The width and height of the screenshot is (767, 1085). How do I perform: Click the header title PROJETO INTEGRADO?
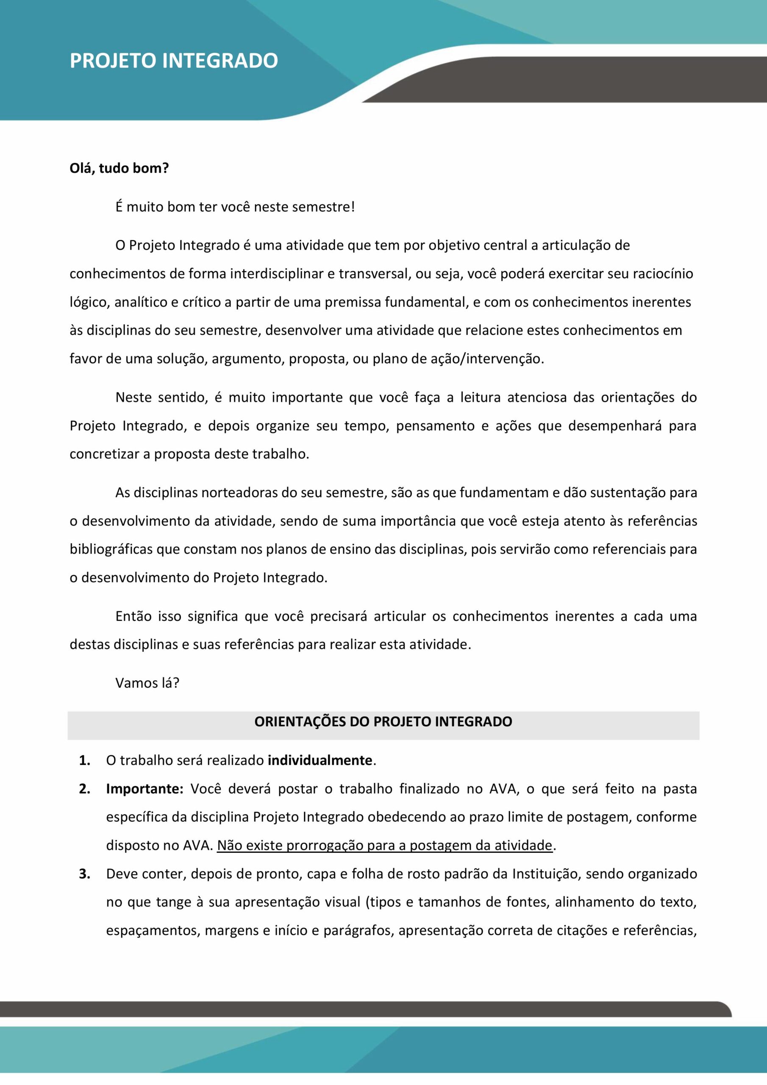(x=173, y=61)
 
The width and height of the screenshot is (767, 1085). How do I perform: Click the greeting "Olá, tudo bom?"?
(x=119, y=168)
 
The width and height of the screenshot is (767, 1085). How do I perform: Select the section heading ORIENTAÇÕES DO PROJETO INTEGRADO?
(x=383, y=722)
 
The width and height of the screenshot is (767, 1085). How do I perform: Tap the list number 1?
(x=85, y=760)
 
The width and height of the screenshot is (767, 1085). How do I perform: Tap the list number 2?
(x=85, y=789)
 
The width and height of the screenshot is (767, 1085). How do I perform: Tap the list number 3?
(x=85, y=874)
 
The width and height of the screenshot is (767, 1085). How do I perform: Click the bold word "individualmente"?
(x=320, y=760)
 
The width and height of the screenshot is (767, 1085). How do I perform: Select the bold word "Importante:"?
(x=145, y=789)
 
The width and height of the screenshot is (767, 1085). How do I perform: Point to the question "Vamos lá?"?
(x=147, y=683)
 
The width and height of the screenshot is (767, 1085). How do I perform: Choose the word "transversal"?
(x=373, y=274)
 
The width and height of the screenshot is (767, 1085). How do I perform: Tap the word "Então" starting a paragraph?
(x=133, y=617)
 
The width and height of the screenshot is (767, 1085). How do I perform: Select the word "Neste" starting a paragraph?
(x=133, y=398)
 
